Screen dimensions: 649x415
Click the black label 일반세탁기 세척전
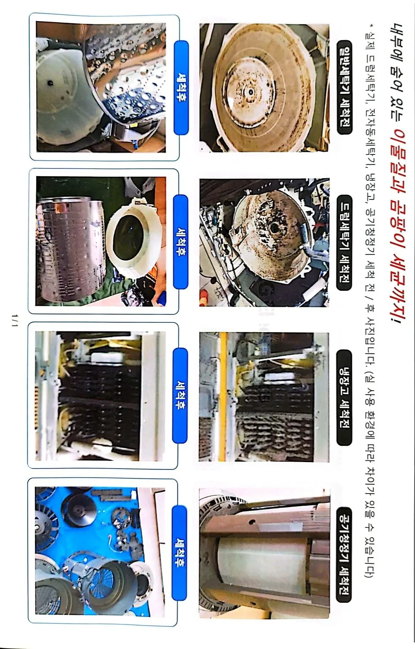tap(344, 86)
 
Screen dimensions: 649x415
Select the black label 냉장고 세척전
tap(344, 398)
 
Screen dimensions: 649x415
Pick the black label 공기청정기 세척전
tap(344, 554)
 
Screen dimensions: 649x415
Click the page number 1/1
tap(16, 320)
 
